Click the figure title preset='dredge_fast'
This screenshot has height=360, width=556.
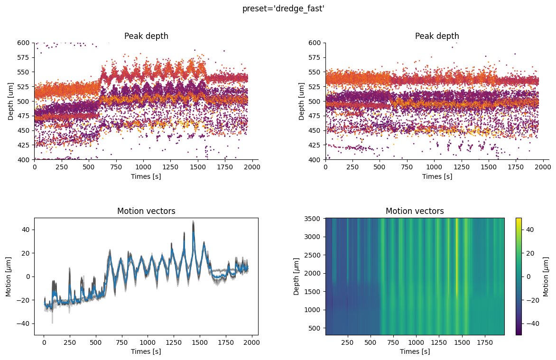283,9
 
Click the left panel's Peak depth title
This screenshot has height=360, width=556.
146,36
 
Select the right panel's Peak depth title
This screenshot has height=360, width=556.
437,36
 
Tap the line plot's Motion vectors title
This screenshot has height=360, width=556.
146,211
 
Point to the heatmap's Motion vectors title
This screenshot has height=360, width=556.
415,211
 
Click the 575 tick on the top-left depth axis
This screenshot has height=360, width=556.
24,57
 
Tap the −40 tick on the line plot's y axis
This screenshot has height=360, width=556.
24,323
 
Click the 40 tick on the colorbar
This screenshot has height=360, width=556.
530,230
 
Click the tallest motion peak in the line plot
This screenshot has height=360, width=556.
193,222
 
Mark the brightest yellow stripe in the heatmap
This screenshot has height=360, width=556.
457,256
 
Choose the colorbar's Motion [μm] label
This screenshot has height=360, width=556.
546,276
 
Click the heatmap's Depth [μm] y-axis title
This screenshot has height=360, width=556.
297,276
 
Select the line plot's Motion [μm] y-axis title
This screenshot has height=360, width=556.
9,276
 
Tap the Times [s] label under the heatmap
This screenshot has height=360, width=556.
415,351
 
